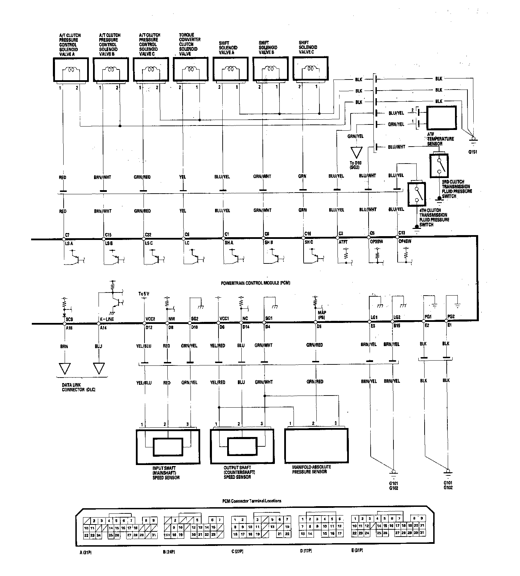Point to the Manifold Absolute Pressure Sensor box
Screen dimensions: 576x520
point(316,446)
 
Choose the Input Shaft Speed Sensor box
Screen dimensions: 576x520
point(168,447)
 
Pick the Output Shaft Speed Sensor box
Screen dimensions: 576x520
point(242,446)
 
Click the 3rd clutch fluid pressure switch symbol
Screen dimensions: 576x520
point(439,166)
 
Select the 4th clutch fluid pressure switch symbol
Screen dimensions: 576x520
point(417,194)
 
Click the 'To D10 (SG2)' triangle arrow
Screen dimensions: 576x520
point(356,153)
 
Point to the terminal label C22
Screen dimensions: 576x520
point(148,234)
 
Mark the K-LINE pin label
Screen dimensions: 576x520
point(107,319)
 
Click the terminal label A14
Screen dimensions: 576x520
point(103,328)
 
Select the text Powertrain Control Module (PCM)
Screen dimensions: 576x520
point(256,283)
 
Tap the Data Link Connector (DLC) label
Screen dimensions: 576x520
point(78,388)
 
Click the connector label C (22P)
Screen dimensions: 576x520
point(237,551)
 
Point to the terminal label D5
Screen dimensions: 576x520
point(319,326)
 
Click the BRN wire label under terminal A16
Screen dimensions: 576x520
point(64,346)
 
